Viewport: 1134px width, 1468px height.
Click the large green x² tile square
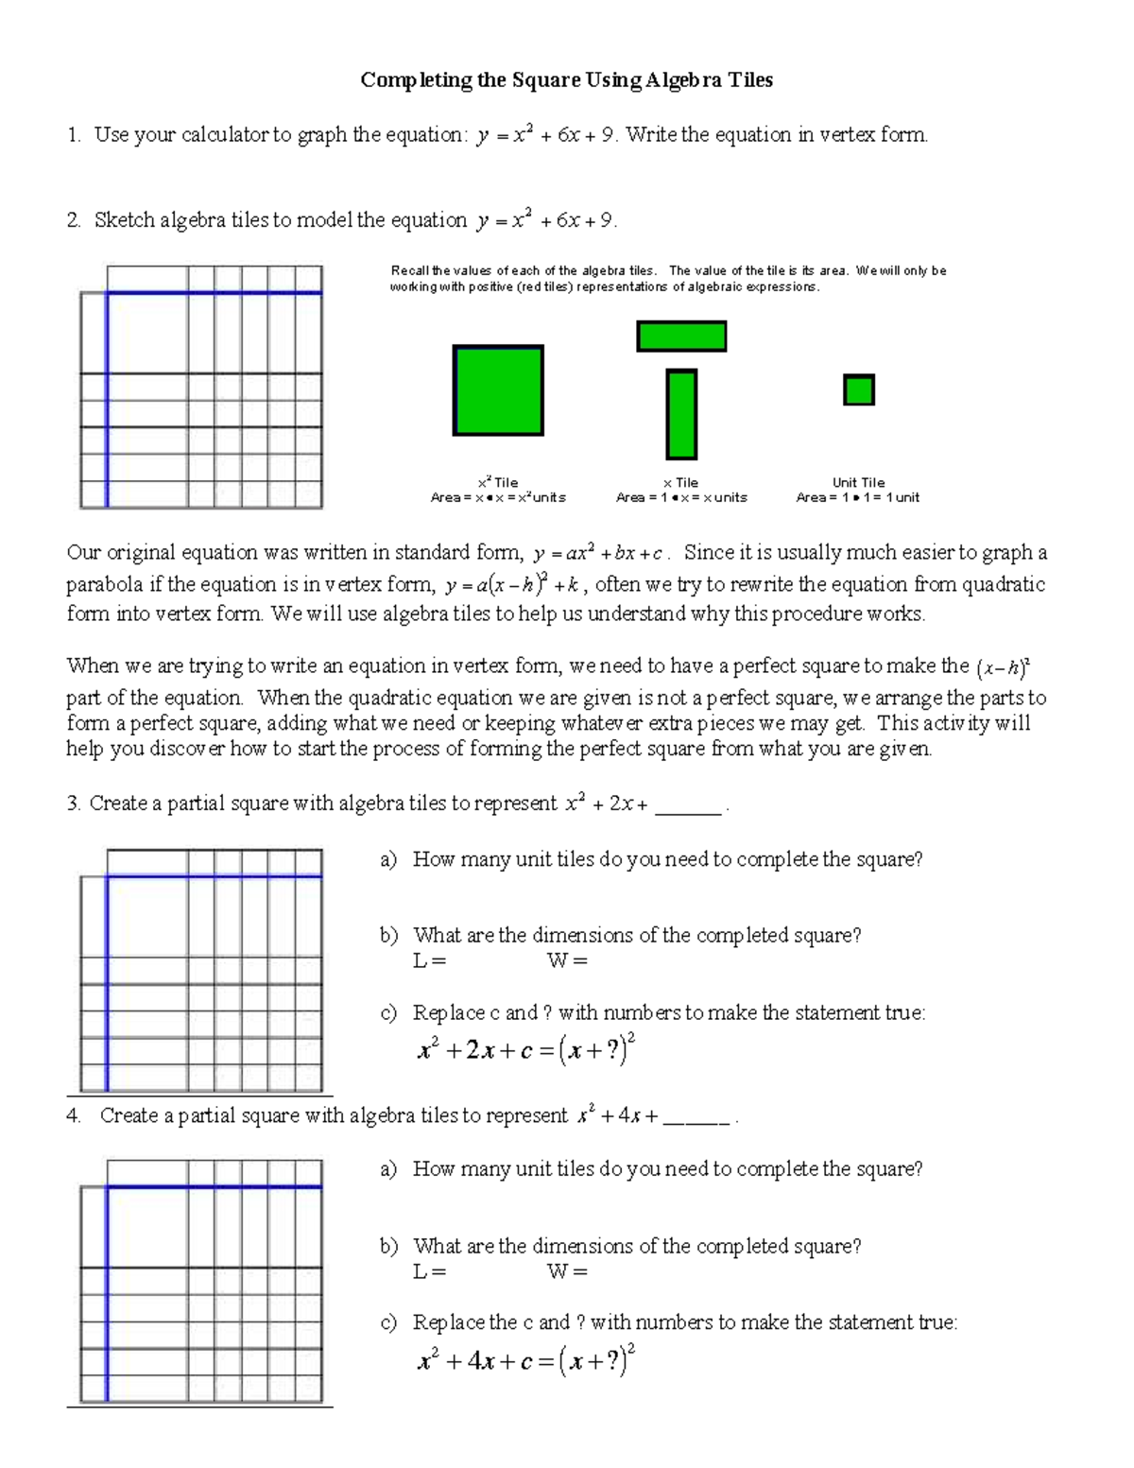pyautogui.click(x=498, y=390)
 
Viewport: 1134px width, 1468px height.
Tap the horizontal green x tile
pyautogui.click(x=681, y=337)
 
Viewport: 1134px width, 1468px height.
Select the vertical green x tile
pyautogui.click(x=681, y=415)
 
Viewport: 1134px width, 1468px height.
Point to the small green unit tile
pyautogui.click(x=858, y=389)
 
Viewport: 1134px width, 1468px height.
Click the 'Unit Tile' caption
pyautogui.click(x=858, y=482)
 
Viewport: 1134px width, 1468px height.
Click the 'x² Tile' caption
pyautogui.click(x=498, y=482)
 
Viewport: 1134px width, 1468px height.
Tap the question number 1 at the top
pyautogui.click(x=73, y=135)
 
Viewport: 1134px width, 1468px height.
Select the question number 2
pyautogui.click(x=73, y=220)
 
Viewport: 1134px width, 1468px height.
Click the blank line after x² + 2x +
pyautogui.click(x=688, y=809)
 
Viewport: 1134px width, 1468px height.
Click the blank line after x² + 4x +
pyautogui.click(x=696, y=1121)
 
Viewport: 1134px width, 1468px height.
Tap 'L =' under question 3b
pyautogui.click(x=429, y=961)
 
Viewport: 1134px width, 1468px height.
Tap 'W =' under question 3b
pyautogui.click(x=567, y=961)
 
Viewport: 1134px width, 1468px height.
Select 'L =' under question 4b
pyautogui.click(x=429, y=1272)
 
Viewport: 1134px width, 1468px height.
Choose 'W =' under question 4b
pyautogui.click(x=567, y=1272)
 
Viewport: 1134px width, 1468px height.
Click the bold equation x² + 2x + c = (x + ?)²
pyautogui.click(x=526, y=1049)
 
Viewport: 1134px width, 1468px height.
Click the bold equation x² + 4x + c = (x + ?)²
pyautogui.click(x=526, y=1360)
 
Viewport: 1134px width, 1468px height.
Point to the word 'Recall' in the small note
pyautogui.click(x=410, y=271)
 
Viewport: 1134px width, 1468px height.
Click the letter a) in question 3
pyautogui.click(x=387, y=859)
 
